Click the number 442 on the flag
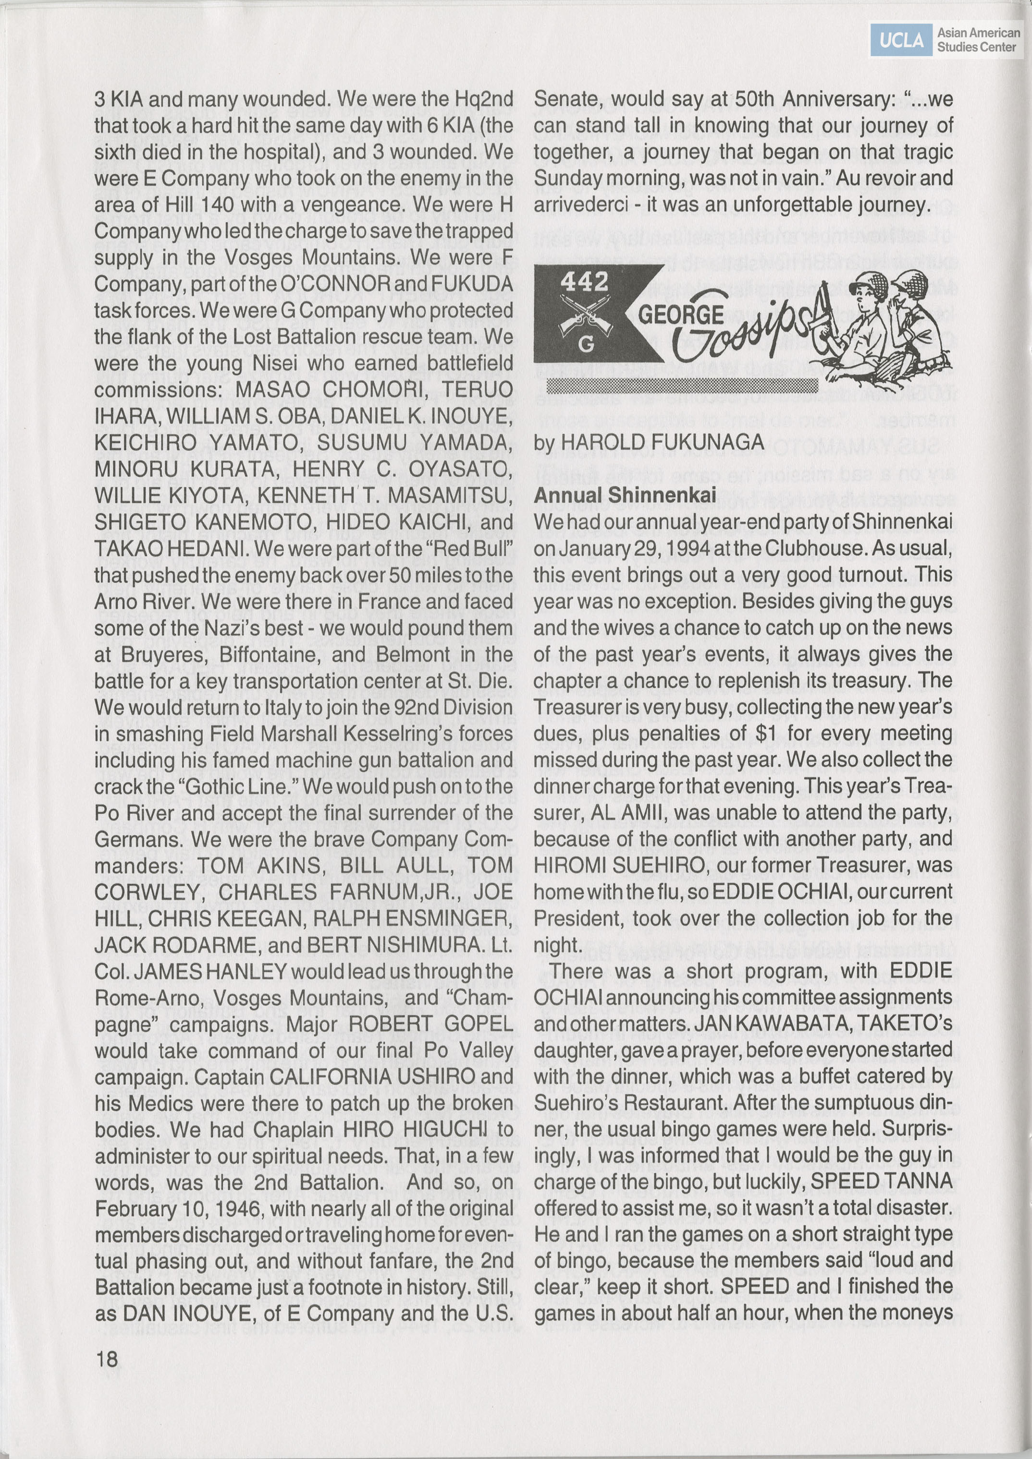[x=584, y=281]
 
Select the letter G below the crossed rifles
[x=586, y=344]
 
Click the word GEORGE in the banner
[x=681, y=314]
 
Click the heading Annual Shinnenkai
[x=625, y=495]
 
